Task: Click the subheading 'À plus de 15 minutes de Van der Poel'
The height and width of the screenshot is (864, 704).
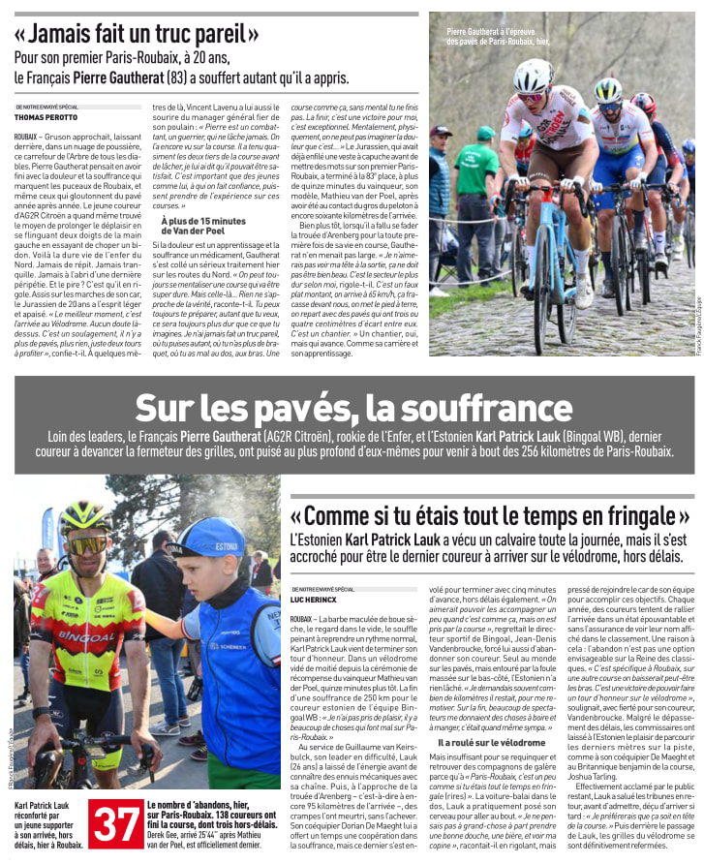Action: click(202, 227)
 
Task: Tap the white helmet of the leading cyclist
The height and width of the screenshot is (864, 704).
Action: click(533, 76)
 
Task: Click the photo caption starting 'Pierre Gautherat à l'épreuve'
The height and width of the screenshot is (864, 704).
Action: click(497, 37)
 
